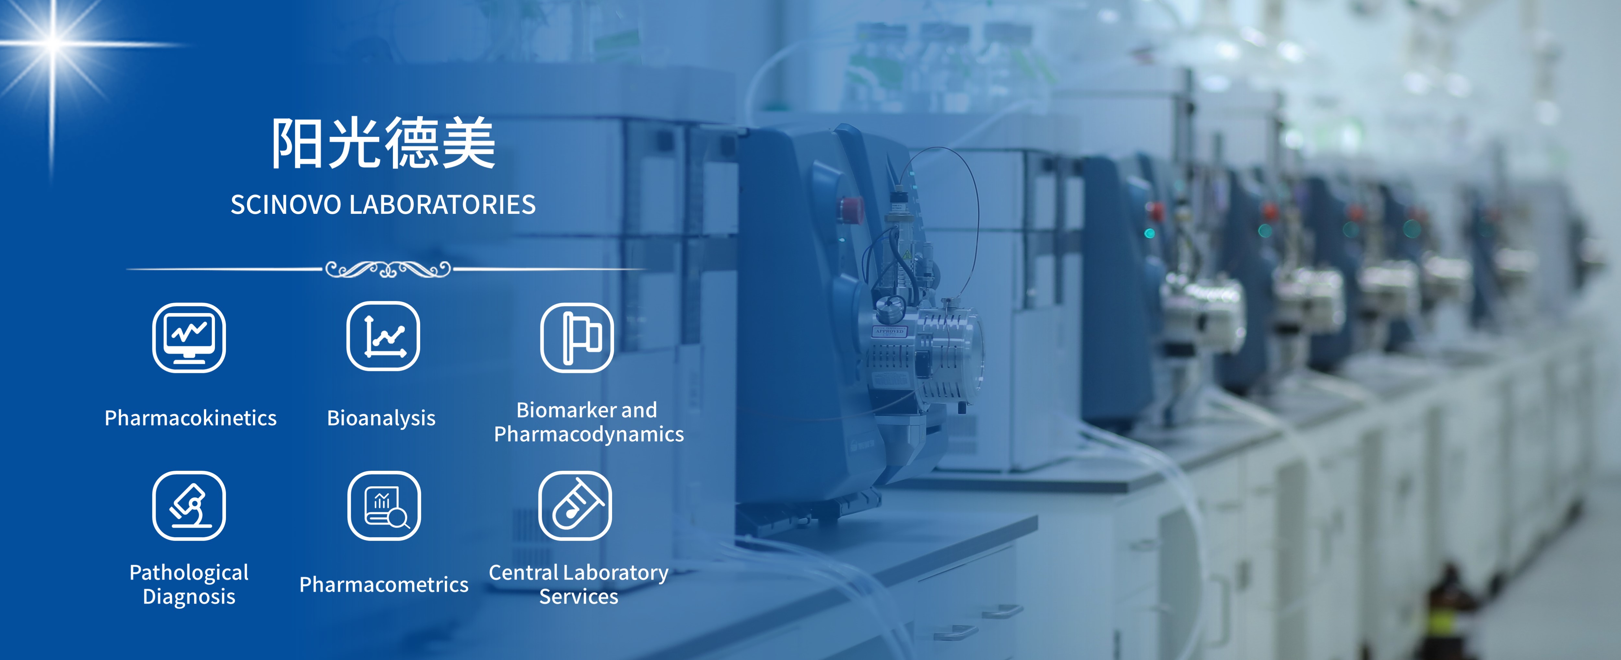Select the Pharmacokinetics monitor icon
(x=189, y=338)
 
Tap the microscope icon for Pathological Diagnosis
(x=189, y=506)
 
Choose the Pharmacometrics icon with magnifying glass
(x=384, y=506)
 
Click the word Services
(x=579, y=596)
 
